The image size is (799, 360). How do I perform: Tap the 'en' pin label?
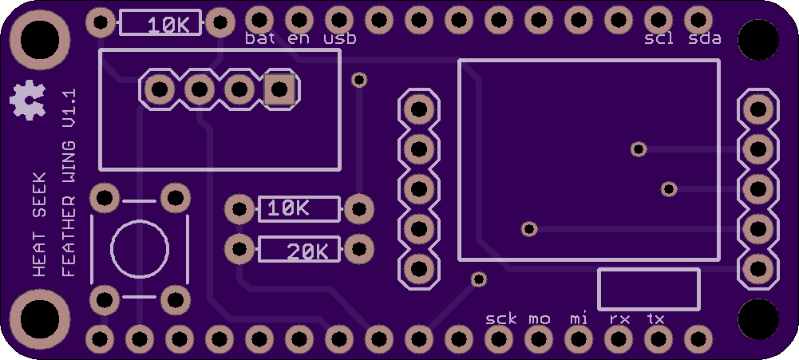tap(298, 39)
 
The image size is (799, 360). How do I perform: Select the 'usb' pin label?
tap(340, 38)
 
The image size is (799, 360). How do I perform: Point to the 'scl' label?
tap(659, 38)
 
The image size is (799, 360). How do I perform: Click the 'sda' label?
tap(705, 38)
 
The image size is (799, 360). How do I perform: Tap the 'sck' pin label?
tap(501, 319)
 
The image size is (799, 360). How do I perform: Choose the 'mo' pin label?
tap(539, 320)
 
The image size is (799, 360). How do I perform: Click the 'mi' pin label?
tap(579, 318)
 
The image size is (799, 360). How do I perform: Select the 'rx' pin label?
tap(619, 320)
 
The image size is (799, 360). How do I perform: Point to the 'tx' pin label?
tap(655, 319)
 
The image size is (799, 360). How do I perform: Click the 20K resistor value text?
tap(307, 251)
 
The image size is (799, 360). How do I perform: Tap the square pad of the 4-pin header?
tap(279, 89)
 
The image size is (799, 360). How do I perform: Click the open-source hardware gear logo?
tap(27, 100)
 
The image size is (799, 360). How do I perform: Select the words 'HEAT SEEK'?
tap(39, 224)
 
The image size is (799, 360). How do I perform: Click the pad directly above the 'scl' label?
tap(659, 21)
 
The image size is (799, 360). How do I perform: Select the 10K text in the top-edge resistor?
tap(168, 26)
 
